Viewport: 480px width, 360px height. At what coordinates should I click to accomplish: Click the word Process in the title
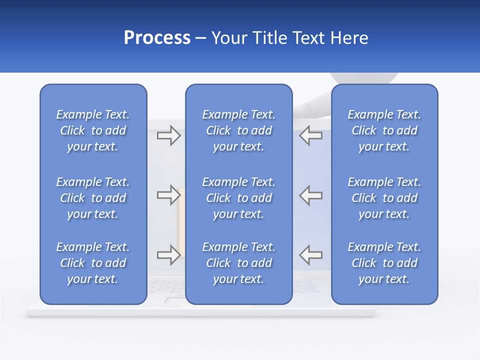pyautogui.click(x=157, y=38)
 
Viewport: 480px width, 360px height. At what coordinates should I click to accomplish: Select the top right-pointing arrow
pyautogui.click(x=168, y=135)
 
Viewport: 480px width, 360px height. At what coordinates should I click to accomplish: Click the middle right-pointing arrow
pyautogui.click(x=168, y=195)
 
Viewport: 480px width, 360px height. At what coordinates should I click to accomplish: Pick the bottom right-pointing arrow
pyautogui.click(x=168, y=255)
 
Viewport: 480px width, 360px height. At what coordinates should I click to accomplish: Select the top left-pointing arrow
pyautogui.click(x=311, y=135)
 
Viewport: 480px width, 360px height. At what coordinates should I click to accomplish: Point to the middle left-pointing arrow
pyautogui.click(x=311, y=195)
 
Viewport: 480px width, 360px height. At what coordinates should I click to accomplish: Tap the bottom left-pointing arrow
pyautogui.click(x=311, y=255)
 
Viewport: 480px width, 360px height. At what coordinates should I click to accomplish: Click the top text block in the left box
pyautogui.click(x=93, y=130)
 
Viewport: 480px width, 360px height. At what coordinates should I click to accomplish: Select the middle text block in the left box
pyautogui.click(x=93, y=198)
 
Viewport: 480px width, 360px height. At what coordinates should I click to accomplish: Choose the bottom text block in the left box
pyautogui.click(x=93, y=263)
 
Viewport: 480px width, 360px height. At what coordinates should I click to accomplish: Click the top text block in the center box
pyautogui.click(x=239, y=130)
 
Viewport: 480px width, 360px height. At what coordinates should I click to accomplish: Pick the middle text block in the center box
pyautogui.click(x=239, y=198)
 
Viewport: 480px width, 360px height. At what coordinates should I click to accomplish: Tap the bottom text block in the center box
pyautogui.click(x=239, y=263)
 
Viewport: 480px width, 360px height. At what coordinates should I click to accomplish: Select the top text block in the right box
pyautogui.click(x=384, y=130)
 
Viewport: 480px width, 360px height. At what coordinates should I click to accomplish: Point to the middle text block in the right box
pyautogui.click(x=384, y=198)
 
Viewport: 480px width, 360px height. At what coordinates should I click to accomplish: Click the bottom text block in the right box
pyautogui.click(x=384, y=263)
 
